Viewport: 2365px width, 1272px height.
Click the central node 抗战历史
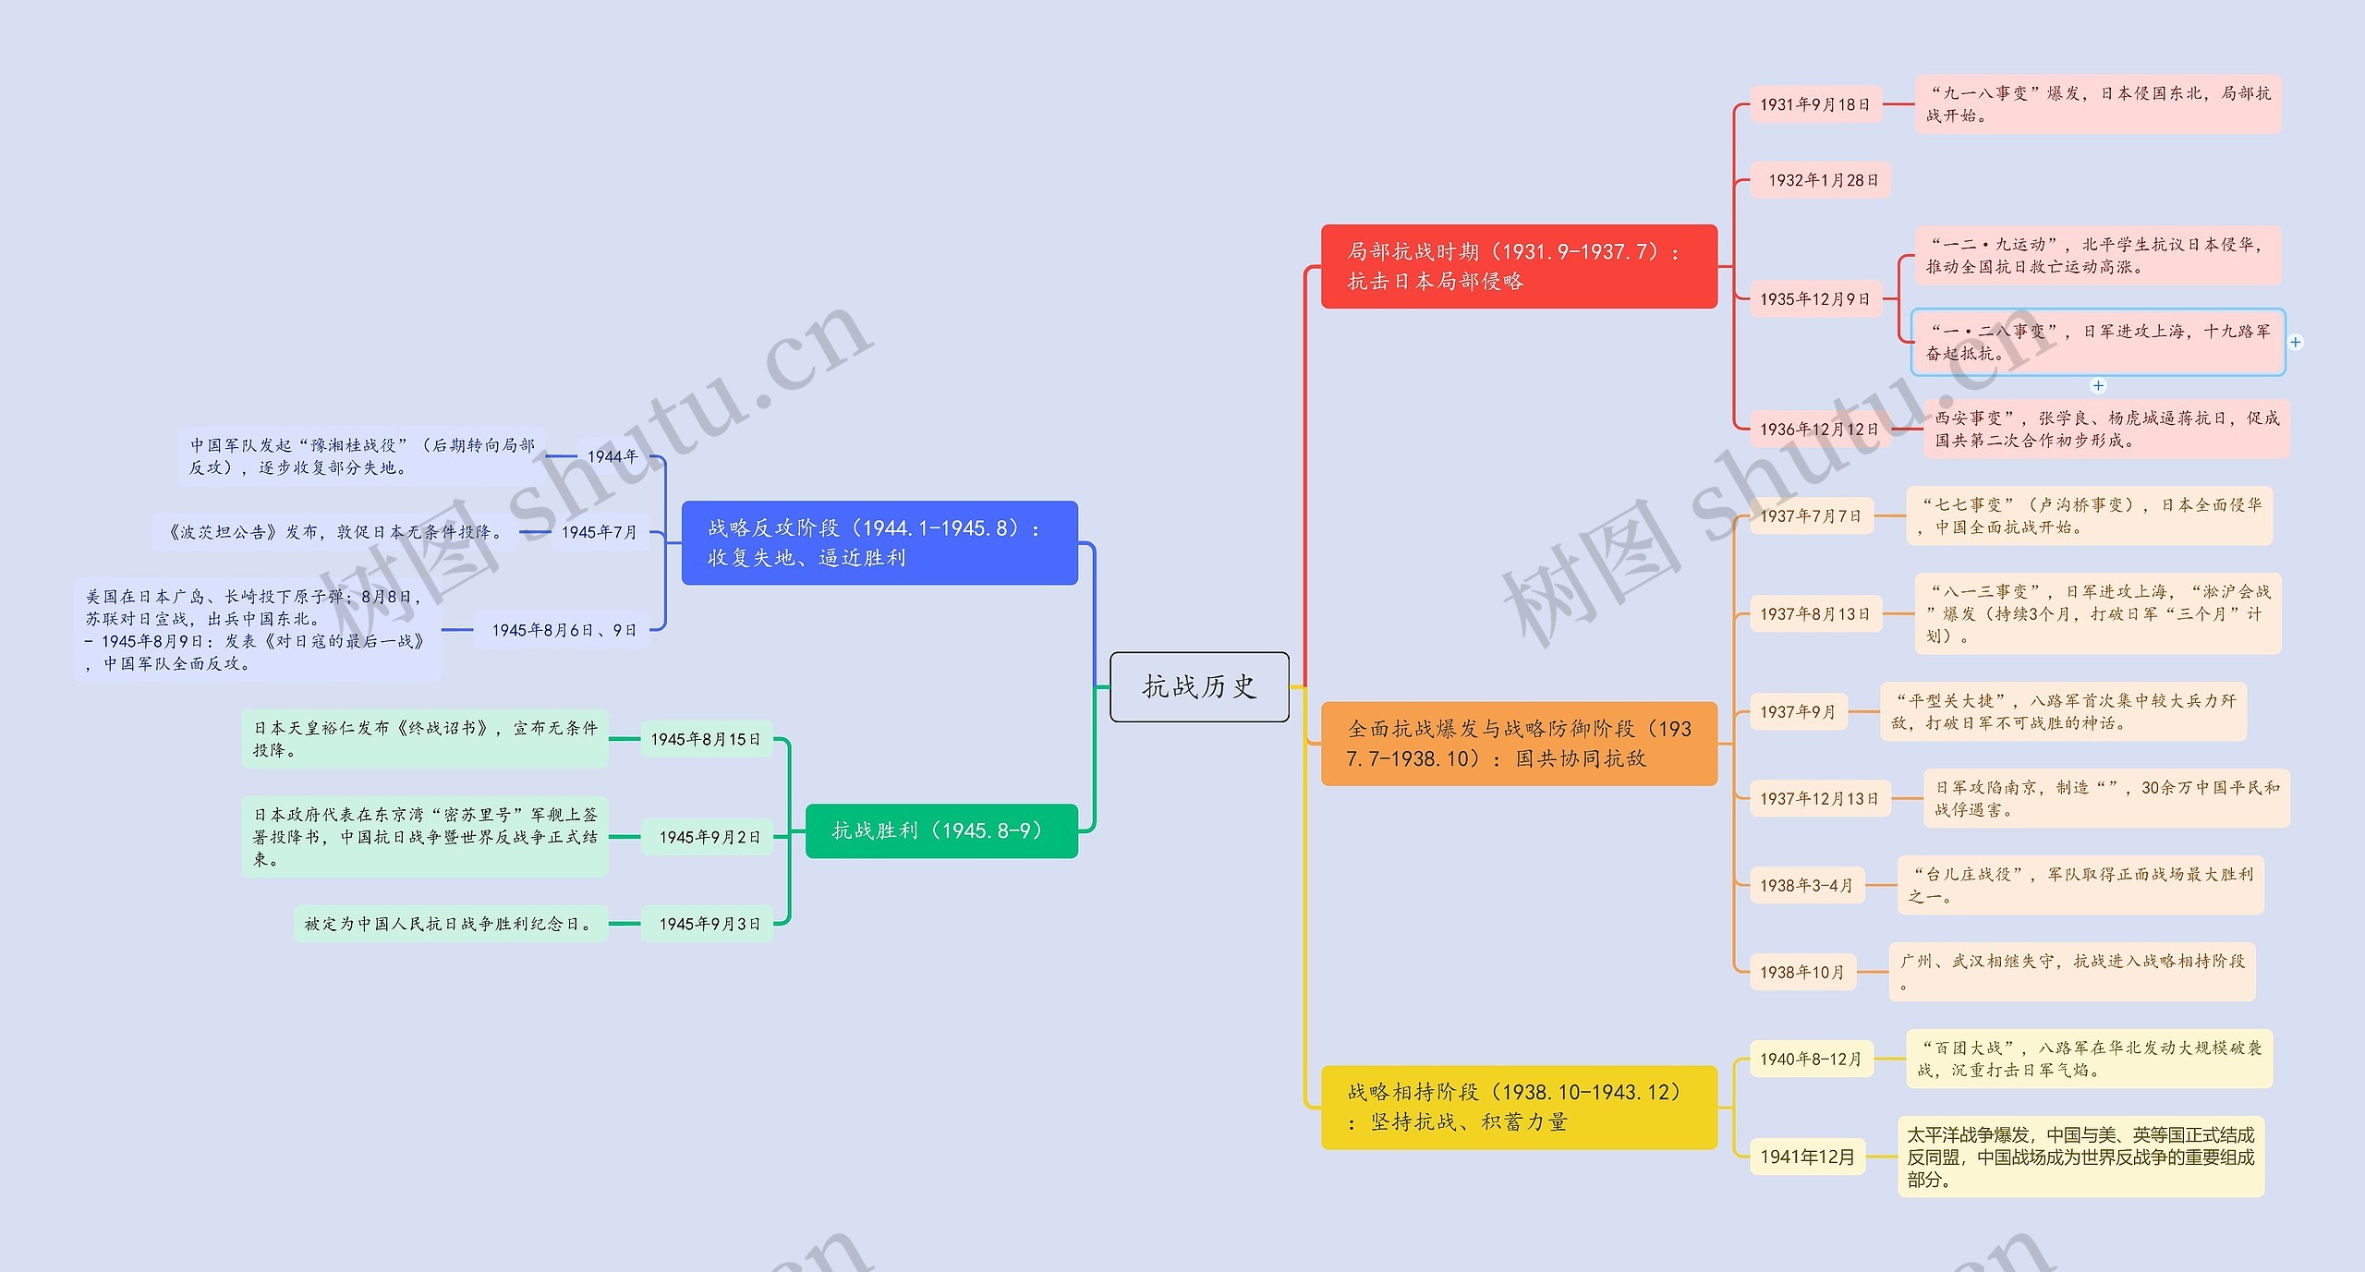[1199, 686]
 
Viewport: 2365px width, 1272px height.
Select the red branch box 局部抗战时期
[1518, 266]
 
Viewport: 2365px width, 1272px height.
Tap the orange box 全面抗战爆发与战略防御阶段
[1518, 744]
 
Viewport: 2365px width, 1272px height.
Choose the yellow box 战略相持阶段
[1518, 1107]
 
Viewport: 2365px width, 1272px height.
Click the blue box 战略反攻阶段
[879, 542]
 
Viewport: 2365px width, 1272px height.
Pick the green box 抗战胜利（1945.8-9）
[940, 830]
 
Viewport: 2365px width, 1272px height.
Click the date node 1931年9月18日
[1814, 104]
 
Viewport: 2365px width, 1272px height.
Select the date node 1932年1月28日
[1822, 180]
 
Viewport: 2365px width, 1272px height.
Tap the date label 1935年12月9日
[1814, 299]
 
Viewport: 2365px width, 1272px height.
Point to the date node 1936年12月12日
[1818, 430]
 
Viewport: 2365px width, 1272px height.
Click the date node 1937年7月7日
[1810, 516]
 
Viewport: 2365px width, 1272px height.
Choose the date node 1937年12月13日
[1818, 799]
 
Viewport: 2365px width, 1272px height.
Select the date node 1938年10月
[1801, 972]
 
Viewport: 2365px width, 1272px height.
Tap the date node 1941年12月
[1806, 1157]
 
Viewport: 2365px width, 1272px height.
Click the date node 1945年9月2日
[709, 837]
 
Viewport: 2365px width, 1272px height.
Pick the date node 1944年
[612, 456]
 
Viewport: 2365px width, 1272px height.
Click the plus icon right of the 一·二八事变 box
[2296, 343]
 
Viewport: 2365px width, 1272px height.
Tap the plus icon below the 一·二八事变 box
[2098, 386]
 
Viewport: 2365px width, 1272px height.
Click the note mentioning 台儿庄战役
[2080, 885]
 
